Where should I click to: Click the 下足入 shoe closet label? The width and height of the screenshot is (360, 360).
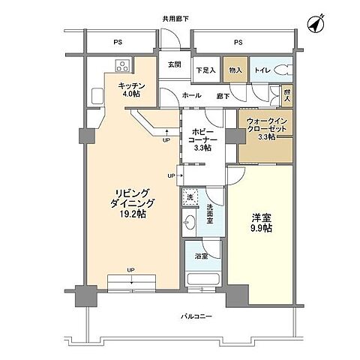tap(205, 70)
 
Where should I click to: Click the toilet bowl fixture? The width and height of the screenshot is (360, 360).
tap(282, 70)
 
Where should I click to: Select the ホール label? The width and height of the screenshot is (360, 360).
tap(190, 96)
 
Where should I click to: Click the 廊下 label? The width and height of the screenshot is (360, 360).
tap(223, 96)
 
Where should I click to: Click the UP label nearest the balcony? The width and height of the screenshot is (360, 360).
tap(130, 270)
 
